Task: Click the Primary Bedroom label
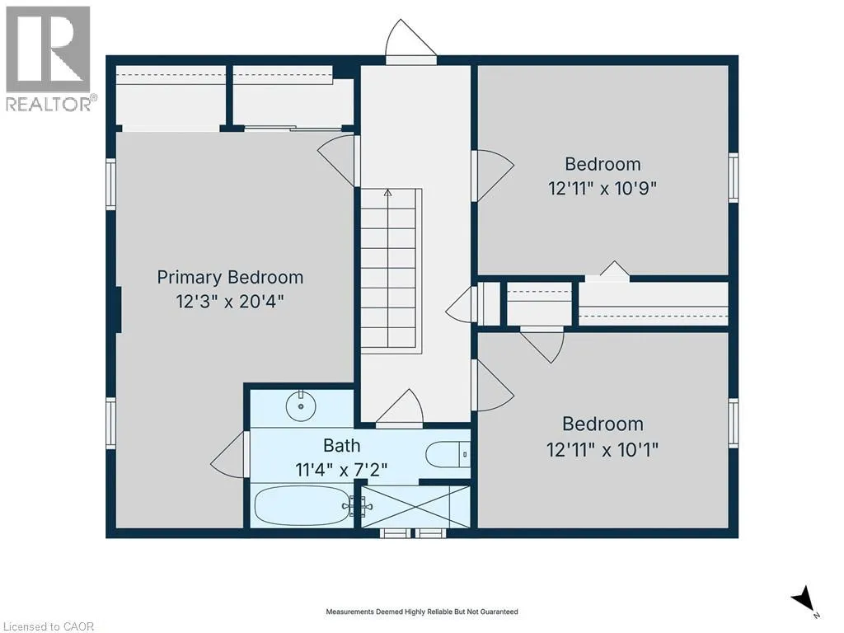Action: pyautogui.click(x=230, y=278)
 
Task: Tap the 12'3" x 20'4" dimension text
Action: pyautogui.click(x=230, y=302)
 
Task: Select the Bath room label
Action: pyautogui.click(x=342, y=446)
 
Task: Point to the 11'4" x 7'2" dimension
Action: pyautogui.click(x=341, y=470)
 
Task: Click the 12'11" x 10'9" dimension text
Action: pyautogui.click(x=603, y=189)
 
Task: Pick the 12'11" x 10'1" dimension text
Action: pyautogui.click(x=603, y=449)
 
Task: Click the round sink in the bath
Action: pyautogui.click(x=301, y=406)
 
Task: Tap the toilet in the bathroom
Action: pyautogui.click(x=448, y=455)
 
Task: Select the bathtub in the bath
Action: pyautogui.click(x=302, y=506)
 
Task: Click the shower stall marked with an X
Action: pyautogui.click(x=415, y=507)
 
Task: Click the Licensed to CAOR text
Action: pyautogui.click(x=47, y=626)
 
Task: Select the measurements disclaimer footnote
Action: pyautogui.click(x=422, y=612)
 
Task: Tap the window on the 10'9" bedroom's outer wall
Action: pyautogui.click(x=733, y=178)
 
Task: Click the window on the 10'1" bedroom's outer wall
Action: pyautogui.click(x=733, y=423)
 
